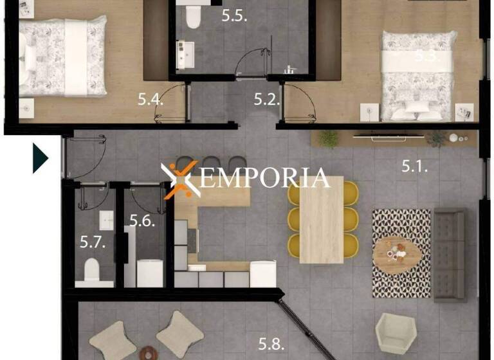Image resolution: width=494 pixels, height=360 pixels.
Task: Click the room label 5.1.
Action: point(416,166)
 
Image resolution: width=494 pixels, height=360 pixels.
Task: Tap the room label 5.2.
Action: point(267,99)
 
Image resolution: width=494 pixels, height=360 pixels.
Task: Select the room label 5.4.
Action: point(151,99)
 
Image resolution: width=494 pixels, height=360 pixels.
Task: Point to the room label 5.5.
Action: point(235,16)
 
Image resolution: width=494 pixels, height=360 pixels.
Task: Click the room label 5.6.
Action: point(142,221)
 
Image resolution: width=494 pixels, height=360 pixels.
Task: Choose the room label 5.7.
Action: point(93,242)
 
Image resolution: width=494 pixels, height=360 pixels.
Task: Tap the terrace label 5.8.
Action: point(271,343)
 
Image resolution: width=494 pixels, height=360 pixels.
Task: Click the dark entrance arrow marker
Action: point(40,158)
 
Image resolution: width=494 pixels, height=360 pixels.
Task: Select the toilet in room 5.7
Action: point(94,271)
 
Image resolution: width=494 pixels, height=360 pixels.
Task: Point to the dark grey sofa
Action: point(449,254)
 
